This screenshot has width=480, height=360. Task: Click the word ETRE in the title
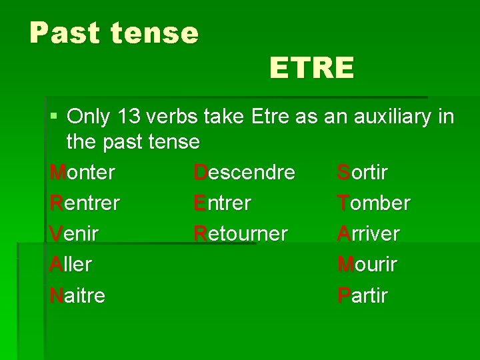pyautogui.click(x=311, y=68)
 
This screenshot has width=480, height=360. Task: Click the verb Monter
pyautogui.click(x=83, y=172)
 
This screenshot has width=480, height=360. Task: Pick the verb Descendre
pyautogui.click(x=244, y=172)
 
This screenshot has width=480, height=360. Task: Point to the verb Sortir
pyautogui.click(x=362, y=172)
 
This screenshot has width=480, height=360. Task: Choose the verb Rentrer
pyautogui.click(x=85, y=203)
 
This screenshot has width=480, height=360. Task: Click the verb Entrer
pyautogui.click(x=222, y=203)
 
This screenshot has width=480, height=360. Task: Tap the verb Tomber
pyautogui.click(x=373, y=203)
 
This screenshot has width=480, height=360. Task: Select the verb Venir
pyautogui.click(x=74, y=233)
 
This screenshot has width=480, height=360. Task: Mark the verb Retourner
pyautogui.click(x=241, y=233)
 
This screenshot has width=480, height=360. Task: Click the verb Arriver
pyautogui.click(x=368, y=233)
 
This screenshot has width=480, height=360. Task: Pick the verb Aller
pyautogui.click(x=70, y=264)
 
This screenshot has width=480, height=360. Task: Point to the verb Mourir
pyautogui.click(x=367, y=264)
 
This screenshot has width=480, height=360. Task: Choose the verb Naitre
pyautogui.click(x=77, y=295)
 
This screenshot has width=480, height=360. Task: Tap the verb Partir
pyautogui.click(x=362, y=295)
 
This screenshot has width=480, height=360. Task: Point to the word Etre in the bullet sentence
pyautogui.click(x=270, y=117)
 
